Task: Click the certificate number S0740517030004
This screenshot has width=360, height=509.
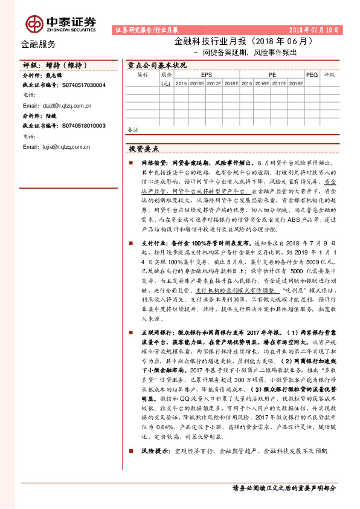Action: coord(84,85)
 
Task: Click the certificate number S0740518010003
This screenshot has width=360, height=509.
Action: coord(84,126)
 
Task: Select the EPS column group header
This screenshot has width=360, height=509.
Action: coord(207,75)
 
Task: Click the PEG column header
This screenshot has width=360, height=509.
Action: coord(312,75)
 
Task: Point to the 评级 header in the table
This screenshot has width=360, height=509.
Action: coord(329,75)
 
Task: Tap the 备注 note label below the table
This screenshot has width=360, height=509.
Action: coord(133,129)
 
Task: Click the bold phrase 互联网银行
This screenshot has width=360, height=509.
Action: coord(157,333)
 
